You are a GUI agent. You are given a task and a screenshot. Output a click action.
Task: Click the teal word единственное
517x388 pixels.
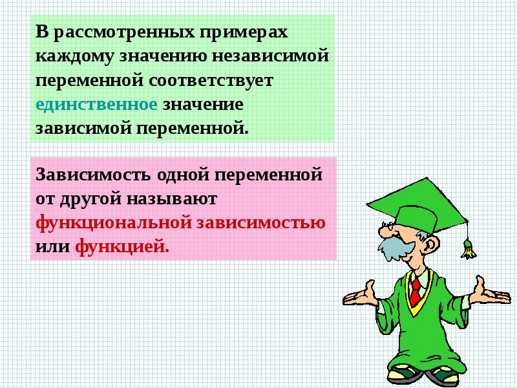pyautogui.click(x=96, y=105)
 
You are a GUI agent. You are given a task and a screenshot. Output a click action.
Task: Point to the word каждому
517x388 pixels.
pyautogui.click(x=75, y=56)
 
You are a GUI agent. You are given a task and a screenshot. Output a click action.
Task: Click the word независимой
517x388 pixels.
pyautogui.click(x=270, y=55)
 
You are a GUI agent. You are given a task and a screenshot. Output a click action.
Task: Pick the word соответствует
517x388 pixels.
pyautogui.click(x=211, y=80)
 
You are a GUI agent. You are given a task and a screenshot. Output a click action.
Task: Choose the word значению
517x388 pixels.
pyautogui.click(x=163, y=56)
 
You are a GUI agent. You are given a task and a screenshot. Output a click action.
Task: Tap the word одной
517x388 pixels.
pyautogui.click(x=183, y=174)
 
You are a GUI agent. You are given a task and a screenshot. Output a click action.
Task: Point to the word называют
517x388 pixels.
pyautogui.click(x=172, y=199)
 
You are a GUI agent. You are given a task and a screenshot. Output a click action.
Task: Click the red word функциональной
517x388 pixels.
pyautogui.click(x=114, y=223)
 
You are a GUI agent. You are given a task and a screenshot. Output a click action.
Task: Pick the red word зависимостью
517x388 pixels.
pyautogui.click(x=261, y=222)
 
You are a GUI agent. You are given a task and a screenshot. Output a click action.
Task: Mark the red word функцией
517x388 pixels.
pyautogui.click(x=122, y=247)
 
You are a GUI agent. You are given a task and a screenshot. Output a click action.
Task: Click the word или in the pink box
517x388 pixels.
pyautogui.click(x=53, y=247)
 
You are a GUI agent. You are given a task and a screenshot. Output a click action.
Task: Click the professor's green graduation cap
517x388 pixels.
pyautogui.click(x=417, y=206)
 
